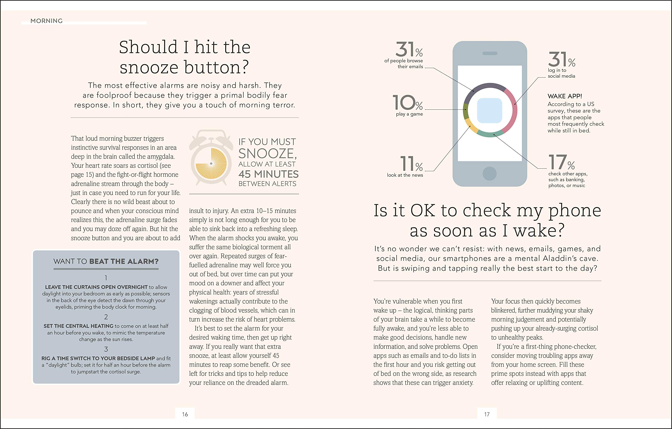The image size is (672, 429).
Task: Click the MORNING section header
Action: pos(46,21)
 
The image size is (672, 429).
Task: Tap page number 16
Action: pos(185,414)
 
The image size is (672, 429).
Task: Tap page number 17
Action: pos(487,414)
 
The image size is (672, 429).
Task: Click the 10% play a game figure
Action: pos(408,103)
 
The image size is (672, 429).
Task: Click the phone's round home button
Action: pos(490,173)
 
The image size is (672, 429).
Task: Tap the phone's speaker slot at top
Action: pos(490,53)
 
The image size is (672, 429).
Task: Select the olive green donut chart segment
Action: pos(465,111)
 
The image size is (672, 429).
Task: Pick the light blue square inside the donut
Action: pos(490,110)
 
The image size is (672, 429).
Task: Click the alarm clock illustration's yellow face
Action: pos(211,164)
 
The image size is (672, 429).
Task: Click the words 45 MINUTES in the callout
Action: pos(269,174)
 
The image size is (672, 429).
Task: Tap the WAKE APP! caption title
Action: pos(565,96)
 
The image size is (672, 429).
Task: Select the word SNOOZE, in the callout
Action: pos(267,154)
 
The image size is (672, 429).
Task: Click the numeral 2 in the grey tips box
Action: pos(106,317)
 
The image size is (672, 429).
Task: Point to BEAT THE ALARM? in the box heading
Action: pos(124,261)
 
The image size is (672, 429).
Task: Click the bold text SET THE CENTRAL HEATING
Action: pos(78,326)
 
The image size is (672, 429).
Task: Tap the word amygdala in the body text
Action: pos(159,156)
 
